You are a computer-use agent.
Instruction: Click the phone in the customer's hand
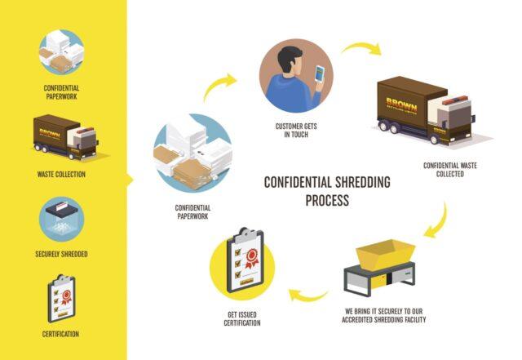coord(320,74)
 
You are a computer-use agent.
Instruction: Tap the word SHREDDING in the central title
coord(362,182)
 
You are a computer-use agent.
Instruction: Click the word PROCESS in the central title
coord(327,200)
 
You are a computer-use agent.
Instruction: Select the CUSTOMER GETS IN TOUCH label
coord(296,131)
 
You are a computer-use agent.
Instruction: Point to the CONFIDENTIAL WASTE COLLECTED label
coord(449,170)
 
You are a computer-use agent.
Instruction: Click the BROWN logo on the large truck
coord(401,105)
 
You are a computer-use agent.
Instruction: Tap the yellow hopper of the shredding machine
coord(386,254)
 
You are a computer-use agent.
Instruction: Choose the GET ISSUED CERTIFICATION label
coord(242,318)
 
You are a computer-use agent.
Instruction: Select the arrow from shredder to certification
coord(308,296)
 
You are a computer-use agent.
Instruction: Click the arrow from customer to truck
coord(362,47)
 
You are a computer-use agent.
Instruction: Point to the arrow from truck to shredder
coord(440,223)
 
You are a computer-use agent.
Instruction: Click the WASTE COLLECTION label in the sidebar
coord(61,175)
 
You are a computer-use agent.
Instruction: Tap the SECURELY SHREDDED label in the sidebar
coord(61,254)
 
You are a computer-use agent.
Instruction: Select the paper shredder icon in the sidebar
coord(62,219)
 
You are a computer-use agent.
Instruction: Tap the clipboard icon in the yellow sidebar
coord(62,299)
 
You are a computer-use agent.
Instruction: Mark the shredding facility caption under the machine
coord(384,315)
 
